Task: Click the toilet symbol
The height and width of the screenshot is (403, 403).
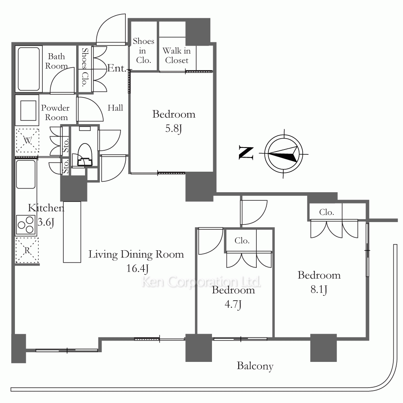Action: click(85, 155)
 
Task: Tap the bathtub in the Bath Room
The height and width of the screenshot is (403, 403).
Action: click(29, 69)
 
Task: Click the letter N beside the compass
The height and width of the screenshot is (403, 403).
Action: click(246, 153)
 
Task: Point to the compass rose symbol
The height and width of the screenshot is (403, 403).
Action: click(283, 154)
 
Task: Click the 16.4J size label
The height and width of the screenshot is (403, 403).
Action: click(137, 268)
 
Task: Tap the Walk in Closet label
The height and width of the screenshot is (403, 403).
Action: click(177, 56)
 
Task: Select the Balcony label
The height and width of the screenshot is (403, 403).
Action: click(255, 366)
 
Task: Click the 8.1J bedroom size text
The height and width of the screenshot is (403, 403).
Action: click(319, 290)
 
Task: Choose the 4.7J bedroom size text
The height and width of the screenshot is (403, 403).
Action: click(233, 305)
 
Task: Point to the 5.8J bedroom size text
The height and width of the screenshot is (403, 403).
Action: click(173, 129)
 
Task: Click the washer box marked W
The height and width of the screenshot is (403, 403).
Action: click(27, 141)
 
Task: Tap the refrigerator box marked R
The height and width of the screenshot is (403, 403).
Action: click(27, 250)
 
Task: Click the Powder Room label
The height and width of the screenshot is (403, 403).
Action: click(55, 112)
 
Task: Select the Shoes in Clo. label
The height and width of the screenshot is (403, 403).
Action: click(143, 51)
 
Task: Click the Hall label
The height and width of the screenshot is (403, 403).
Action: click(115, 108)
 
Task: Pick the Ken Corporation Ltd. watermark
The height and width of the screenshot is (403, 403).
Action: click(201, 282)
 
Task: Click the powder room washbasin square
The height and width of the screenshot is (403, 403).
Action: click(28, 110)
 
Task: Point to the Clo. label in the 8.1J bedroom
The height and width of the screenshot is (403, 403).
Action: click(326, 212)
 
